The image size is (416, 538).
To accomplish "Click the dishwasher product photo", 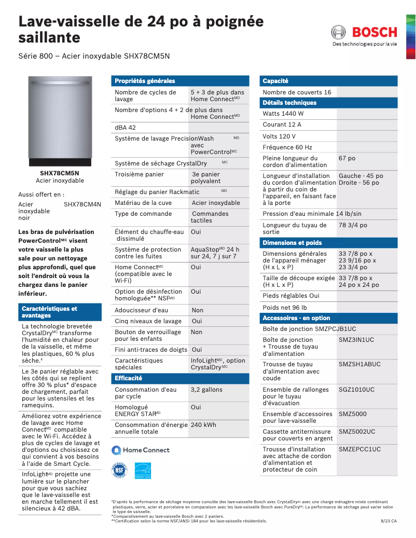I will pos(60,118).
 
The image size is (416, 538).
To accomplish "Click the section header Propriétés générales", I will pos(145,81).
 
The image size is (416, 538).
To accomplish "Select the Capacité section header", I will pos(275,81).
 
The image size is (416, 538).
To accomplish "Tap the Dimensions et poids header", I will pos(292,243).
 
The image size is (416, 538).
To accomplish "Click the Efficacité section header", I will pos(128,378).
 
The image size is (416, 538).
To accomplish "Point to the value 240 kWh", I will pos(203,425).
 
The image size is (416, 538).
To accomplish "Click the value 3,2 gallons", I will pos(206,390).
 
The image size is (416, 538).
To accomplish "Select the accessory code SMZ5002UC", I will pos(357,432).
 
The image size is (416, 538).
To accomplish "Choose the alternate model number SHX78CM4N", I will pos(82,204).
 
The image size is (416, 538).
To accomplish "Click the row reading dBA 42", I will pos(126,128).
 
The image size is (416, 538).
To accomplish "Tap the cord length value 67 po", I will pos(347,158).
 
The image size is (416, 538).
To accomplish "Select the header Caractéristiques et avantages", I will pos(49,312).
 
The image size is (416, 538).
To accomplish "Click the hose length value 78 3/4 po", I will pos(353,225).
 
